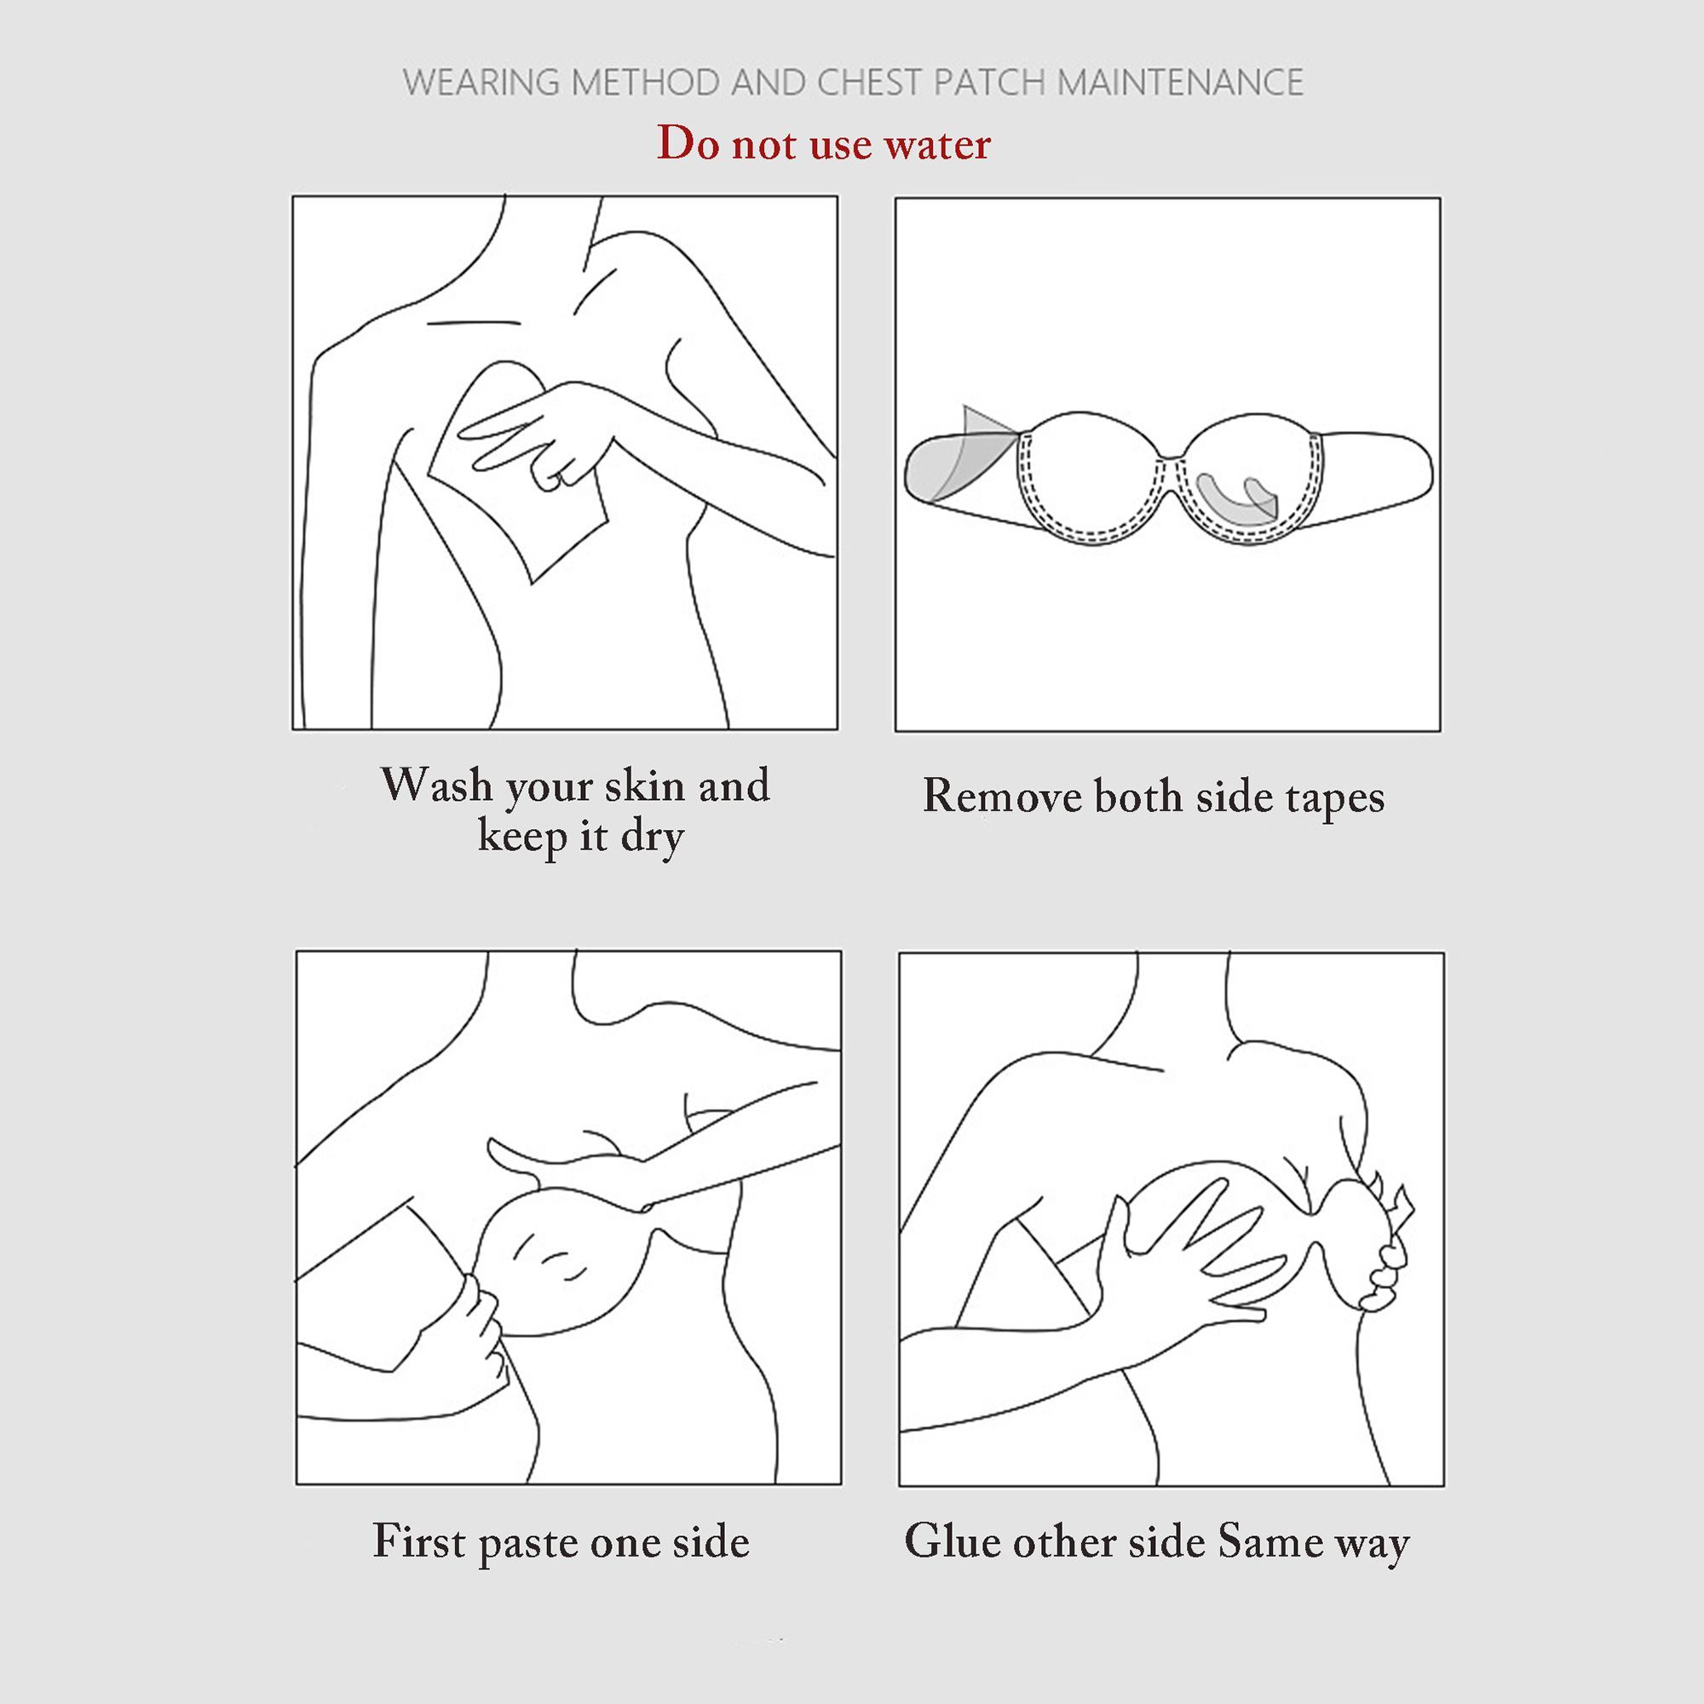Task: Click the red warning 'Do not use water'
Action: [x=823, y=144]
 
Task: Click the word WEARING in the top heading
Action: [x=481, y=83]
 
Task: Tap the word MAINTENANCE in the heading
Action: [x=1180, y=83]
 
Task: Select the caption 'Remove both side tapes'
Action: [x=1154, y=797]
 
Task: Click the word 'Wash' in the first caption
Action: [x=436, y=784]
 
